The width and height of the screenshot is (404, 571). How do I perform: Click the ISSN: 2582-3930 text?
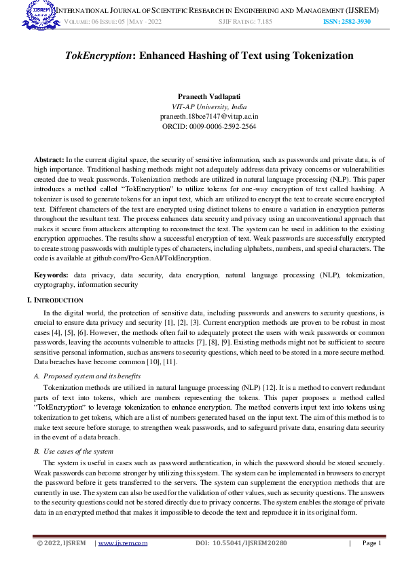point(348,22)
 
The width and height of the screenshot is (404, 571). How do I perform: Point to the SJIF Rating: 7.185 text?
point(244,22)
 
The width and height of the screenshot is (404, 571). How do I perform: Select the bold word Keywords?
point(52,275)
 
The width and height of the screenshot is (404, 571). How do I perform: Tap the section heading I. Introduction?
point(55,300)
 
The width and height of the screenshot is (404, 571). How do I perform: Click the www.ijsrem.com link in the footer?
point(123,543)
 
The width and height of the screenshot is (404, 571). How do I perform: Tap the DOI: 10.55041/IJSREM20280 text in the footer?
point(241,543)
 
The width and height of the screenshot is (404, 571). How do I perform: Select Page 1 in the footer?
point(372,543)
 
